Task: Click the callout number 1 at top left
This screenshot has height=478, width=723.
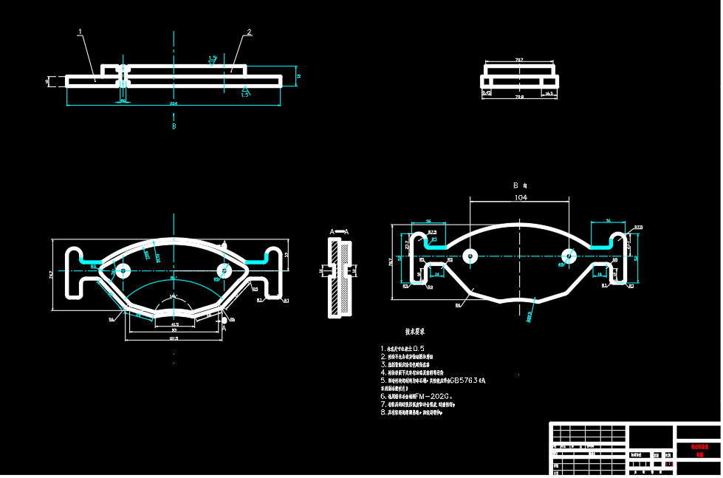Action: click(80, 32)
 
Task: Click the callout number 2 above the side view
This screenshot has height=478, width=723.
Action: click(249, 33)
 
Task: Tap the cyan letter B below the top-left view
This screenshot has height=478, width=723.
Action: click(174, 126)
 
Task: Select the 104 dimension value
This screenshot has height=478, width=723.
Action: click(521, 198)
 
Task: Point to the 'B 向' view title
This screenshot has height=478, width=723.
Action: click(521, 185)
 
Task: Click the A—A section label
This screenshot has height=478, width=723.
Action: click(339, 231)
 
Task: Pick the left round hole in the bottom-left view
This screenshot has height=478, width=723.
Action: click(122, 270)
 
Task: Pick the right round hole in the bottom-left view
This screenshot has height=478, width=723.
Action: click(225, 270)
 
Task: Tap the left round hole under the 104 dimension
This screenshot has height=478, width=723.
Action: click(469, 256)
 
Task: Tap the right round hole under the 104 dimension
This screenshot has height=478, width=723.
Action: click(569, 256)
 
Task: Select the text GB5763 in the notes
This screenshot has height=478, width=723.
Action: click(463, 380)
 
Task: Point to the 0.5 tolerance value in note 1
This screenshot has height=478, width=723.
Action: click(419, 348)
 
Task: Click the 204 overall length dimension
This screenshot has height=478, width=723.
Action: click(174, 104)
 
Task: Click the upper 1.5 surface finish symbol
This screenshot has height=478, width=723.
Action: click(213, 58)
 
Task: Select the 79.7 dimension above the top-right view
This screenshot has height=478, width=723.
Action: click(519, 60)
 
